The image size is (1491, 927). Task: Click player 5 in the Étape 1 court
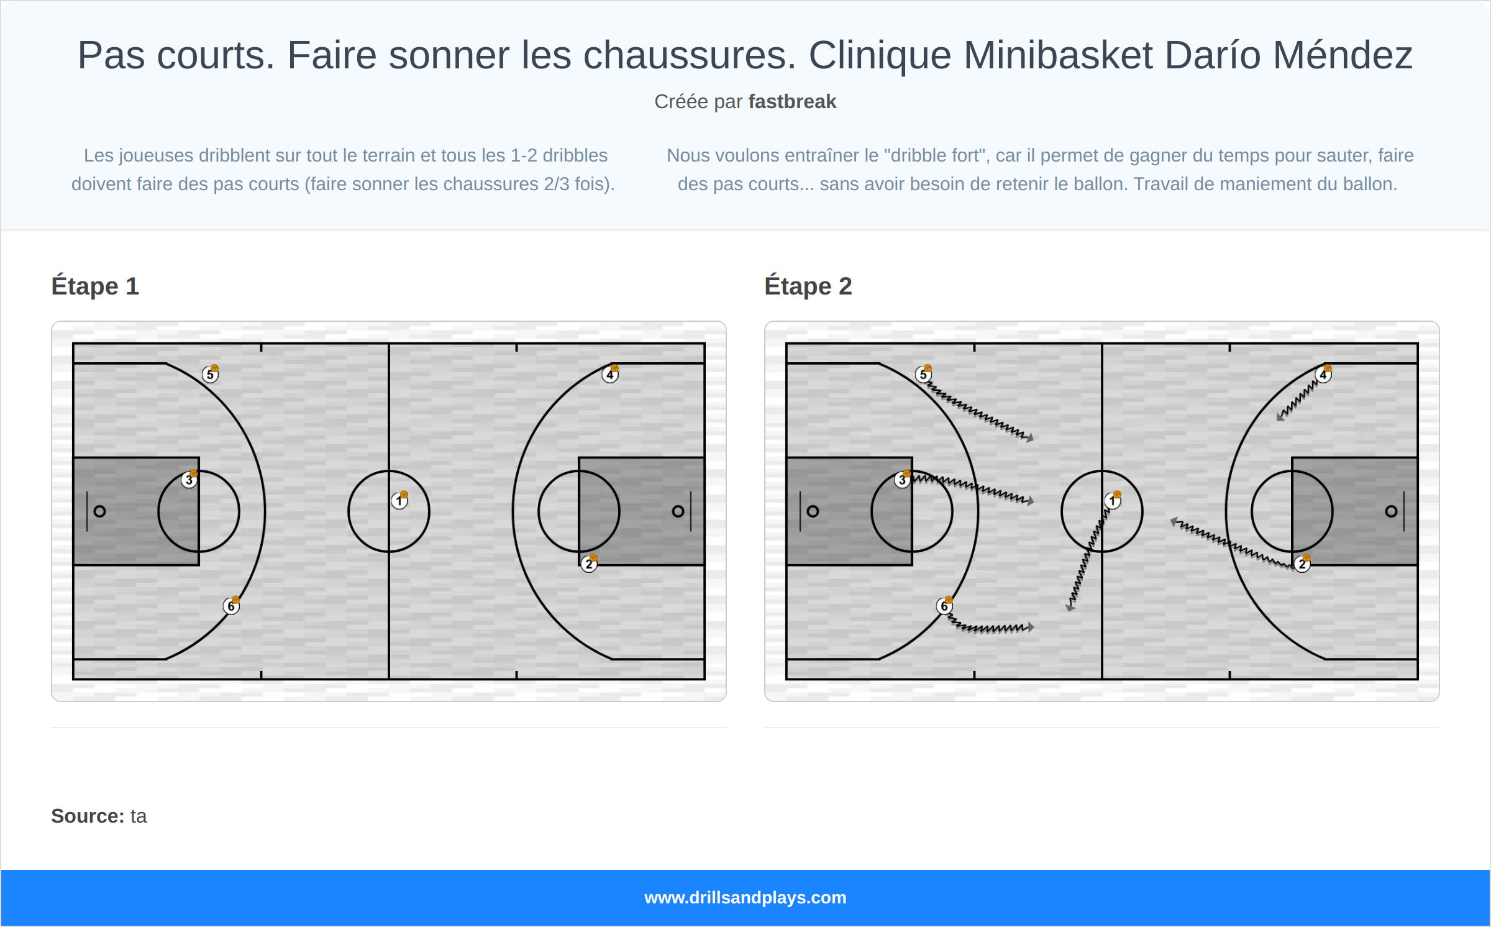point(211,374)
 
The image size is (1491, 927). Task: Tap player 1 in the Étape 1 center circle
point(399,500)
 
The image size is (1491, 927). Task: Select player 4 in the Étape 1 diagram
point(610,374)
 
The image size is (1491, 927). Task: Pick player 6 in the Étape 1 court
point(231,606)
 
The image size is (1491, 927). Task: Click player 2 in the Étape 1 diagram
point(589,564)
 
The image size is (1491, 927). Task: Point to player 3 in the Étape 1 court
point(189,480)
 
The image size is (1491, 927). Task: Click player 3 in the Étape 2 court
point(903,480)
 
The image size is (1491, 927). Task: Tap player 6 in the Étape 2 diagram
point(944,606)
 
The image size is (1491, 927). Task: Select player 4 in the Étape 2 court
point(1323,374)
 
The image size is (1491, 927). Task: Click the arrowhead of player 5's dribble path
point(1030,438)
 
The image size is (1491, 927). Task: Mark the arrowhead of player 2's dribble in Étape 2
point(1174,522)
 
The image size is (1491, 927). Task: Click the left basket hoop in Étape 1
point(99,511)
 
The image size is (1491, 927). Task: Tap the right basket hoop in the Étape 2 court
point(1391,511)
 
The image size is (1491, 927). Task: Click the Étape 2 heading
point(808,286)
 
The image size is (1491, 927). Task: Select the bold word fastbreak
point(792,101)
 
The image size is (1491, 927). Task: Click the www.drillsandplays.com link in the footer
point(745,897)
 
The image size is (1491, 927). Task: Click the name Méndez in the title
point(1343,55)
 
